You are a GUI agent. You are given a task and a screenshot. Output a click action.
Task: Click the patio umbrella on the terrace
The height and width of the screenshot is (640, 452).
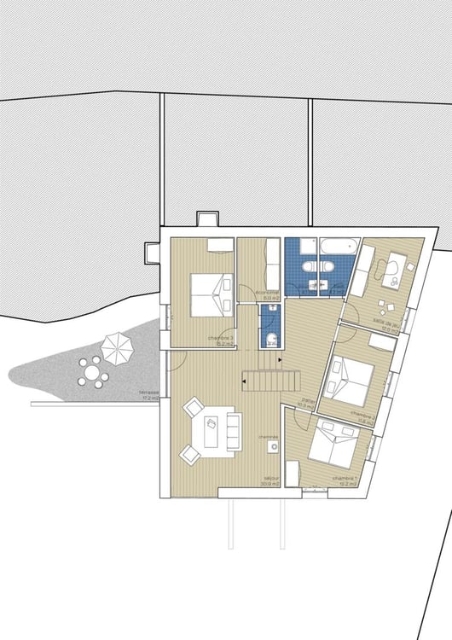(117, 346)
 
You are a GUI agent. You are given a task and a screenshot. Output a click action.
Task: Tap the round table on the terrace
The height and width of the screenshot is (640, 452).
(91, 372)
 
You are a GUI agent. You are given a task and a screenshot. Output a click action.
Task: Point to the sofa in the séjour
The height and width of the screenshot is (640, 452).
(232, 428)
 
